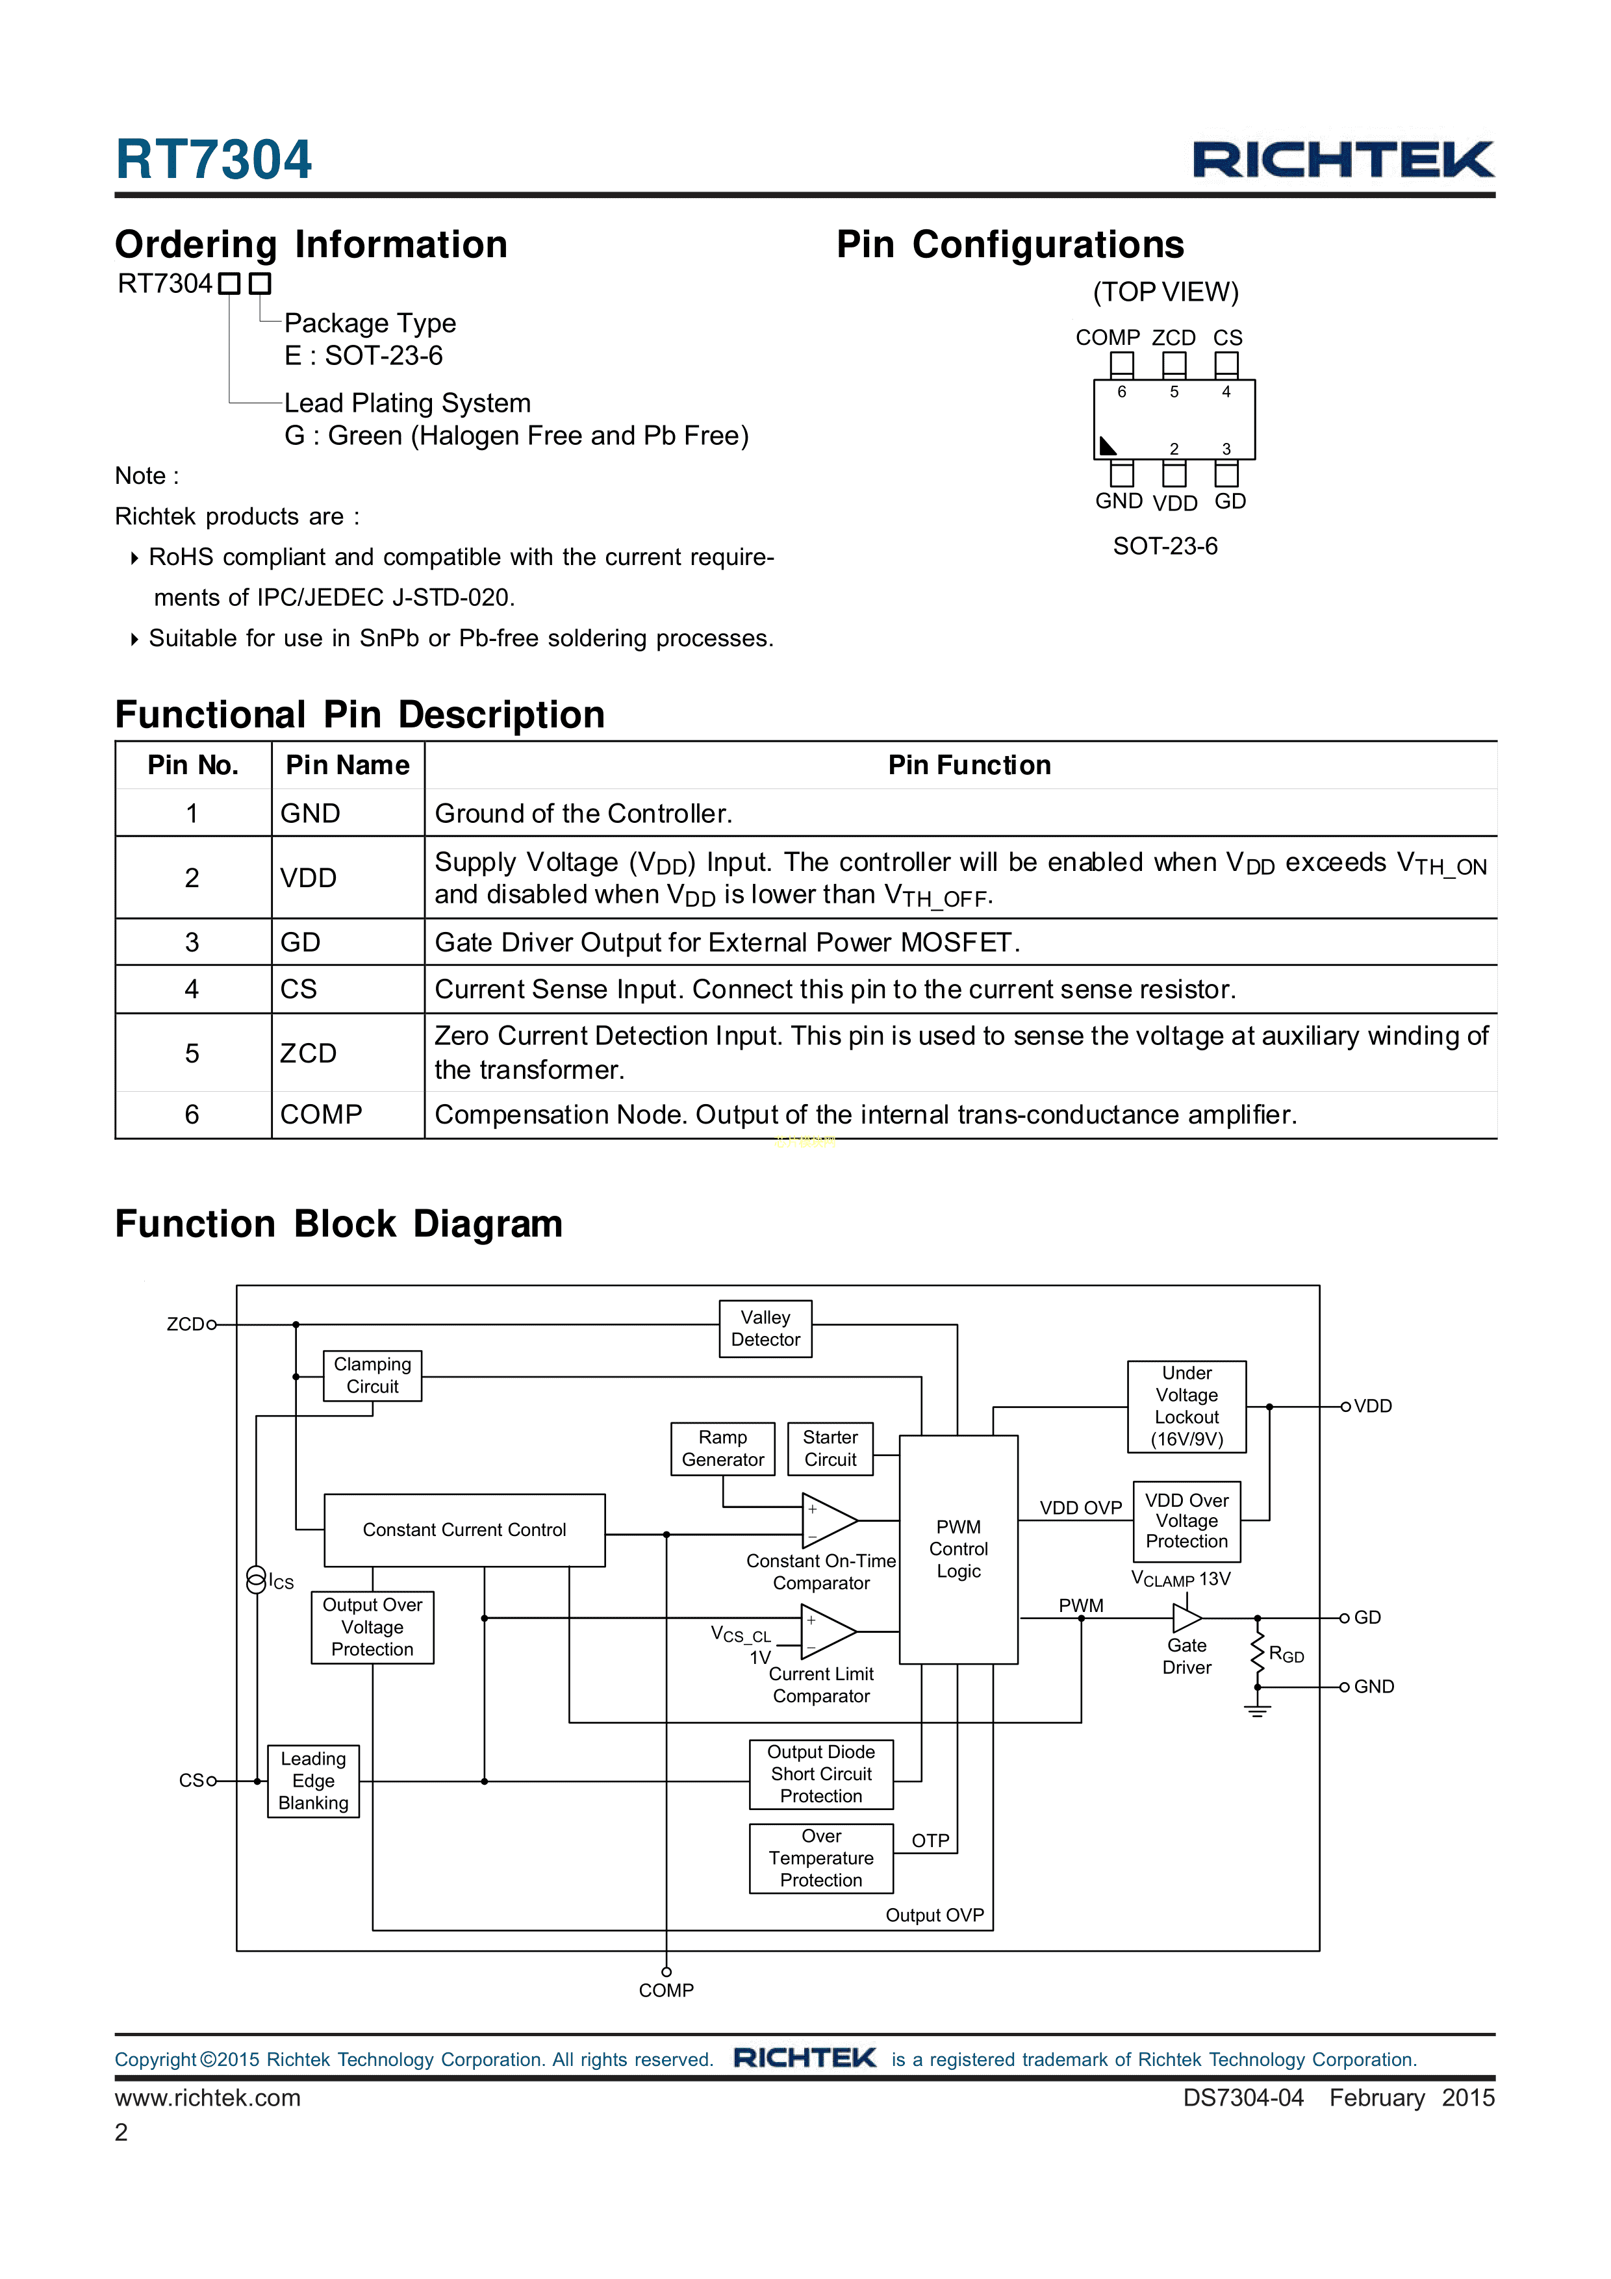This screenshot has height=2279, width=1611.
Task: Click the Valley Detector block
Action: [765, 1328]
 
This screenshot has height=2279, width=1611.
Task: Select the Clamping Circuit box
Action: [372, 1376]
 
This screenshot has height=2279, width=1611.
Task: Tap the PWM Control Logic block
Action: [958, 1548]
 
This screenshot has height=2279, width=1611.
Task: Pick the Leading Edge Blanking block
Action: [314, 1781]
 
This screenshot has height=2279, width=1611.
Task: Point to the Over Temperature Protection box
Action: [821, 1858]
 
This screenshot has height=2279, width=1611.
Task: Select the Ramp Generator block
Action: [722, 1448]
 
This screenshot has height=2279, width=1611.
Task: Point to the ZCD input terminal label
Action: [184, 1324]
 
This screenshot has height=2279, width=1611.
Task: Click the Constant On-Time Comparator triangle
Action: [828, 1520]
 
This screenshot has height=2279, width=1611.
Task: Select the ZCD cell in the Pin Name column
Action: [309, 1053]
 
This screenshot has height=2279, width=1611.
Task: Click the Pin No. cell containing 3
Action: [192, 942]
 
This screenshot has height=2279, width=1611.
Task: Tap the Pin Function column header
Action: [969, 765]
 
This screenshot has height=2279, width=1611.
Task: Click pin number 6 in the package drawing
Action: [1122, 392]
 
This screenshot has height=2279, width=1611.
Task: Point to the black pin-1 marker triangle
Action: [1107, 446]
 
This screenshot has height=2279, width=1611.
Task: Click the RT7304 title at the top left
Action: [214, 160]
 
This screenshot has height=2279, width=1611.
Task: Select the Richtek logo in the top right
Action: [1343, 160]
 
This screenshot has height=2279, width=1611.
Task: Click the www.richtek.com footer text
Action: [207, 2097]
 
